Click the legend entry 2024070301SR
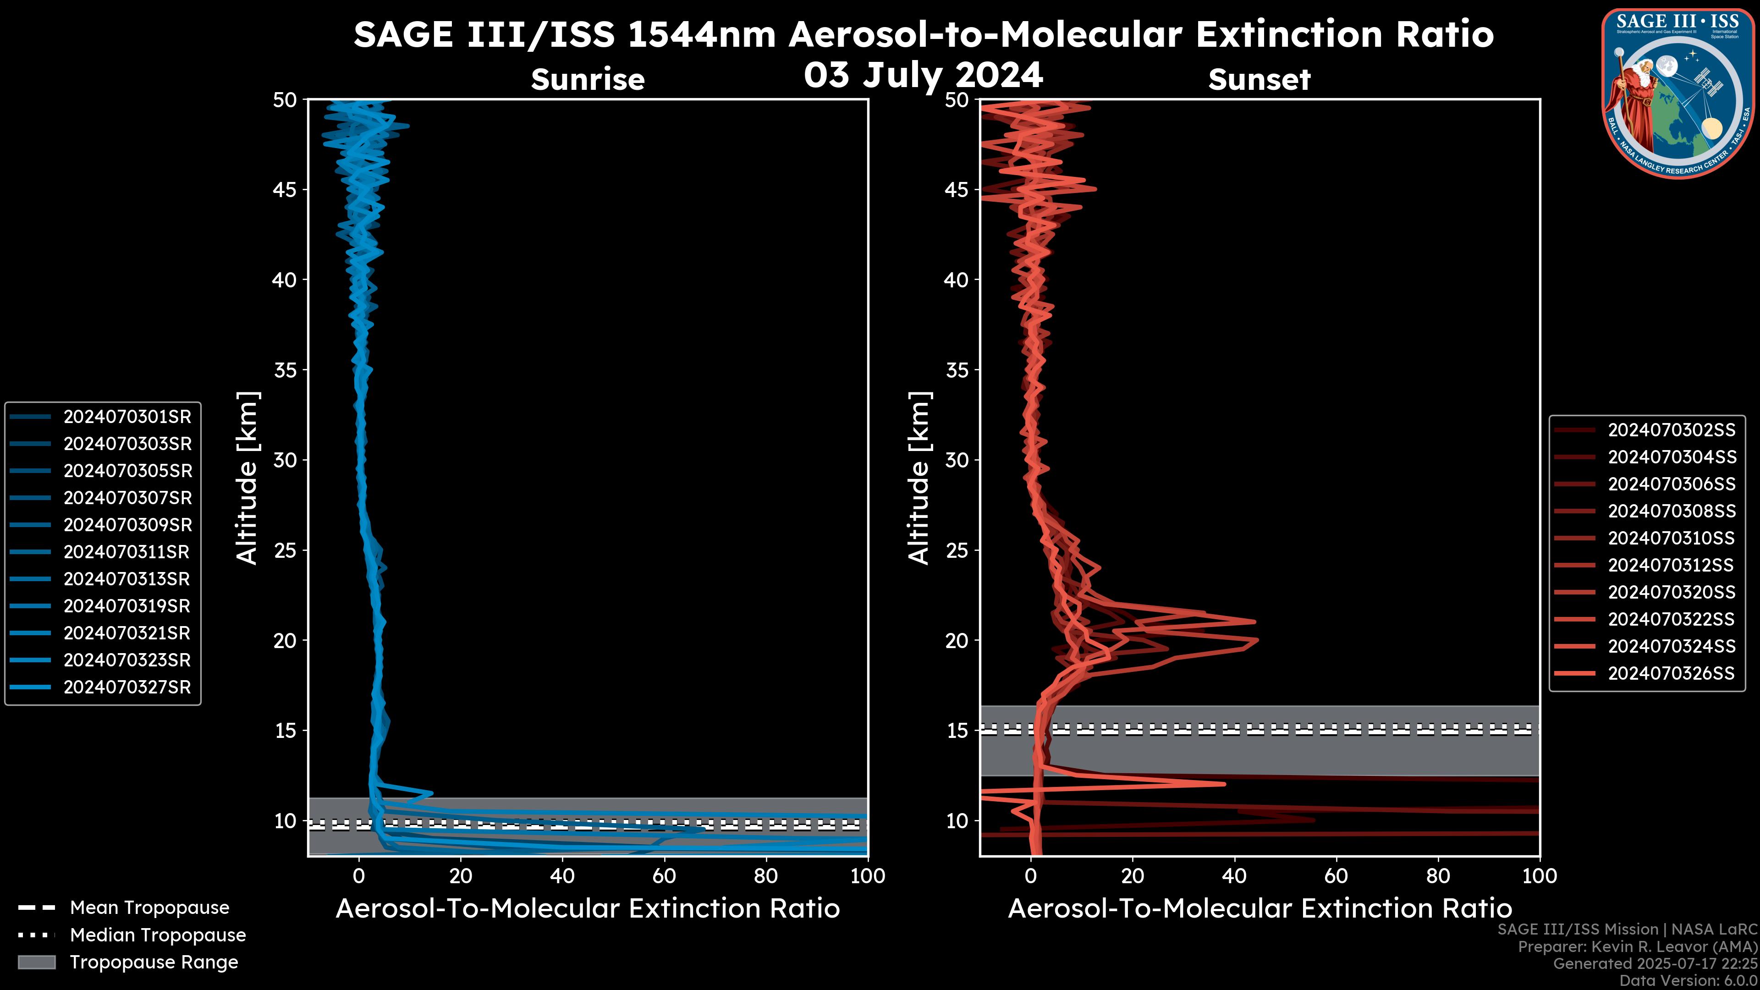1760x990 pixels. click(127, 417)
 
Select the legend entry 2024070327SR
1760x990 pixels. click(127, 687)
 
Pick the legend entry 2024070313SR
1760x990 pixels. click(126, 579)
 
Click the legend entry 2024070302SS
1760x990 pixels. click(1671, 430)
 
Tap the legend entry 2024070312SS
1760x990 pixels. click(1671, 566)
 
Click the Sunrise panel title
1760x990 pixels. click(588, 80)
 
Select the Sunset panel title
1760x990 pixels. click(1259, 80)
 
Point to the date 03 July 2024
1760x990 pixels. click(923, 75)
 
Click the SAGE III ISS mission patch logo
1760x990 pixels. click(1677, 93)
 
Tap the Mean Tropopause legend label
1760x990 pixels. click(149, 908)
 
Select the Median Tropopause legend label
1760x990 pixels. click(158, 935)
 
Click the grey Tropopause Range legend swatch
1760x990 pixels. click(37, 962)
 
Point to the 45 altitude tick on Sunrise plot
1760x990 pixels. click(285, 190)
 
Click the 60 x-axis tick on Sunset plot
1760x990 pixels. click(1336, 876)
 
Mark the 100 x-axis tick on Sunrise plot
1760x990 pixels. click(868, 876)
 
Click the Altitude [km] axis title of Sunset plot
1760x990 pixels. click(919, 478)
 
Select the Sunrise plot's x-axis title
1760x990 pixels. click(588, 909)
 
